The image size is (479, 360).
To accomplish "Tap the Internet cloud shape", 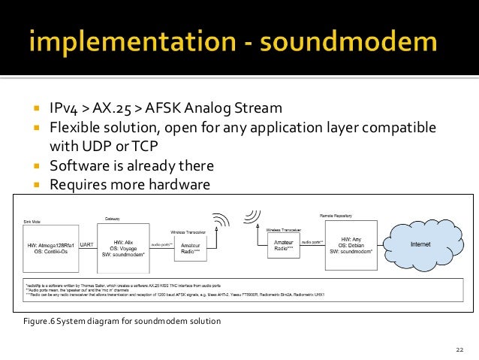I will click(x=420, y=245).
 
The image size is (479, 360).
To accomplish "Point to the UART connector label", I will click(x=86, y=245).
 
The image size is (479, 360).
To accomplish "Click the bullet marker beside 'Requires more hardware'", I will click(x=35, y=183).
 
